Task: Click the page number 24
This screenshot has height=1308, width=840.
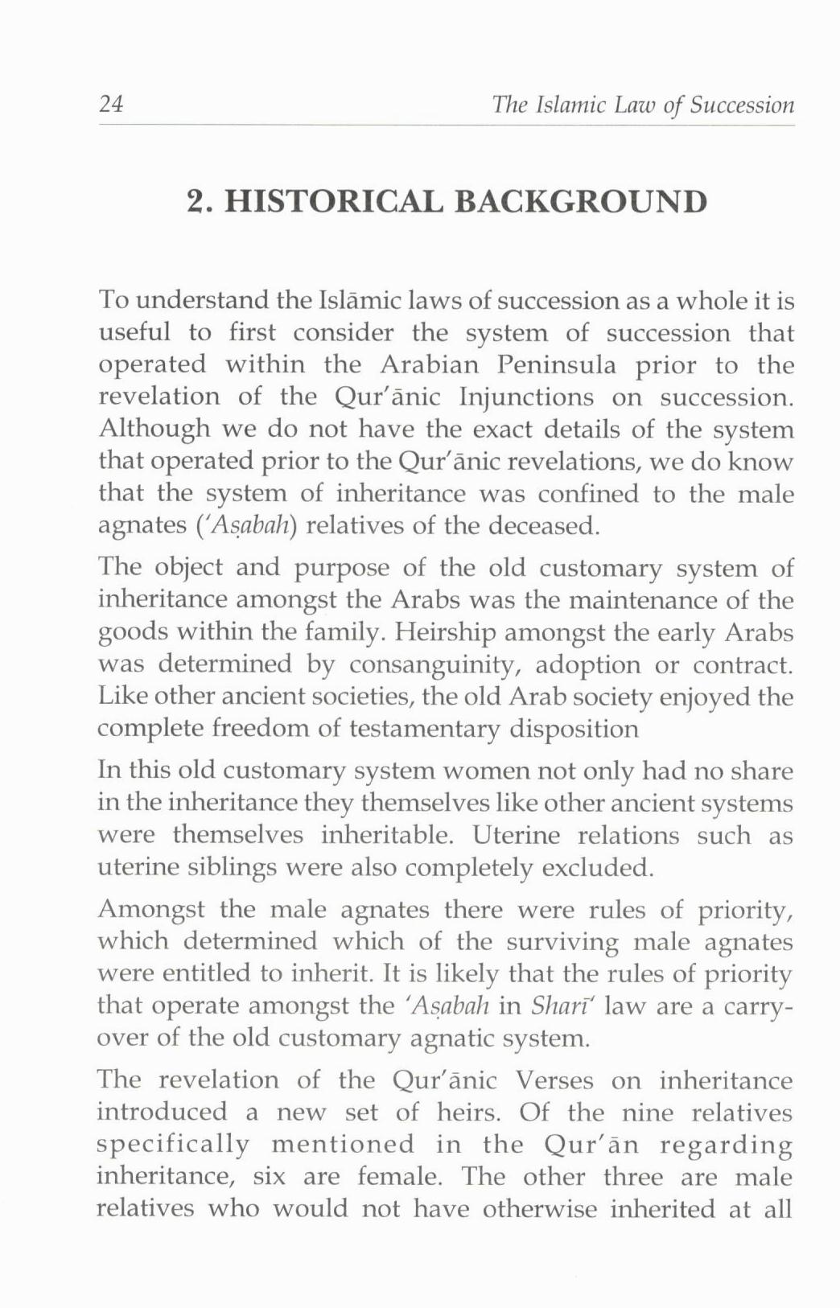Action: tap(110, 104)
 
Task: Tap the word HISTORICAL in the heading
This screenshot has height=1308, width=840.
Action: tap(332, 201)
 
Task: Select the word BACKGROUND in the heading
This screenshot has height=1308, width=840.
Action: tap(581, 201)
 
